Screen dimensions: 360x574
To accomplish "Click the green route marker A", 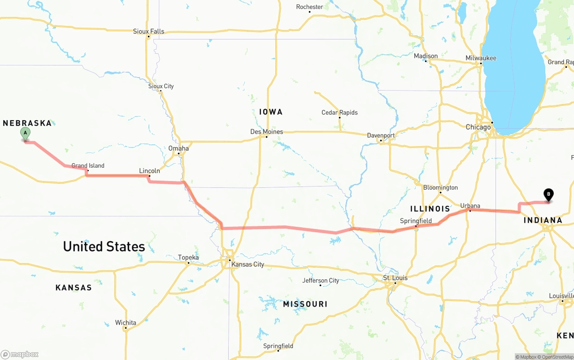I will coord(26,133).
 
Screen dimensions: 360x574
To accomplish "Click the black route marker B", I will coord(548,195).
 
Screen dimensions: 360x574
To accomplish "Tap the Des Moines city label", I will coord(266,132).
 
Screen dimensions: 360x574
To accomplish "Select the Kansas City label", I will coord(248,265).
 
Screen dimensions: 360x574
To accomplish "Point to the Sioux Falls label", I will coord(148,31).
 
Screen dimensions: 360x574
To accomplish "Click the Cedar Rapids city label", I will coord(339,113).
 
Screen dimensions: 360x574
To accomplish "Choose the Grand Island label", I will coord(88,165).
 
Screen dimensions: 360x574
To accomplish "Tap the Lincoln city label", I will coord(149,171).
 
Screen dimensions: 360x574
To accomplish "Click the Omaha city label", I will coord(178,148).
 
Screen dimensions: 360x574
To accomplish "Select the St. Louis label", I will coord(395,278).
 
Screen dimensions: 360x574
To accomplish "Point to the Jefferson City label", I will coord(321,281).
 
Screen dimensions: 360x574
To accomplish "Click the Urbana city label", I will coord(470,206).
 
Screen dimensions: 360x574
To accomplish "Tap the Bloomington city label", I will coord(440,187).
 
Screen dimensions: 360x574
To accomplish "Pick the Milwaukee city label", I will coord(481,58).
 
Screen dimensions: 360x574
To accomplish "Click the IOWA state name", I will coord(271,112).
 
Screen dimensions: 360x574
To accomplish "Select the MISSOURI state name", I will coord(305,304).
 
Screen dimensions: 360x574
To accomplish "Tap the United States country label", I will coord(104,247).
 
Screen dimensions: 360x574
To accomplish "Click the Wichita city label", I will coord(126,323).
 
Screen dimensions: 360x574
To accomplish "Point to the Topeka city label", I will coord(188,257).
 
